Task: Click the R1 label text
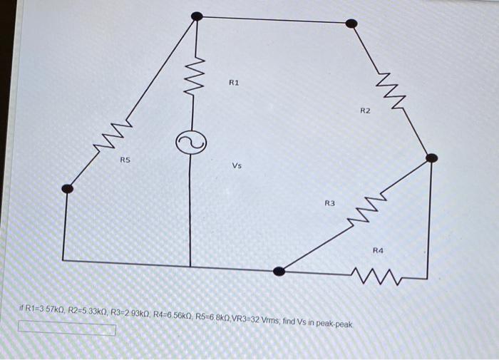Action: point(234,83)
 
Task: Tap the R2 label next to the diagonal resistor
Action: point(365,111)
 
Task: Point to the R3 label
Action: point(329,204)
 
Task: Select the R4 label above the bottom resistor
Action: point(378,250)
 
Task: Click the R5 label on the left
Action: point(125,161)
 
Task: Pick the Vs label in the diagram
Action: point(237,166)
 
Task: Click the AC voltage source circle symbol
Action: point(190,144)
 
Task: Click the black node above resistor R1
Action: point(197,16)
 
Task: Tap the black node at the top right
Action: point(351,23)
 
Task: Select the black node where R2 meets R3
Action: point(431,158)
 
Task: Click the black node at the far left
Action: point(67,188)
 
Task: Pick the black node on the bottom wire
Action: point(280,271)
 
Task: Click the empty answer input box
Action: point(67,329)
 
